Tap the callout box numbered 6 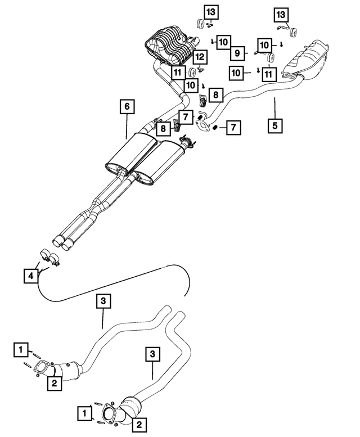pyautogui.click(x=127, y=106)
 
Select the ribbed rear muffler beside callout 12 pyautogui.click(x=169, y=48)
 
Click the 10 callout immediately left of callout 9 pyautogui.click(x=223, y=41)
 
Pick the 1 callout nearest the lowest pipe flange pyautogui.click(x=84, y=415)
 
